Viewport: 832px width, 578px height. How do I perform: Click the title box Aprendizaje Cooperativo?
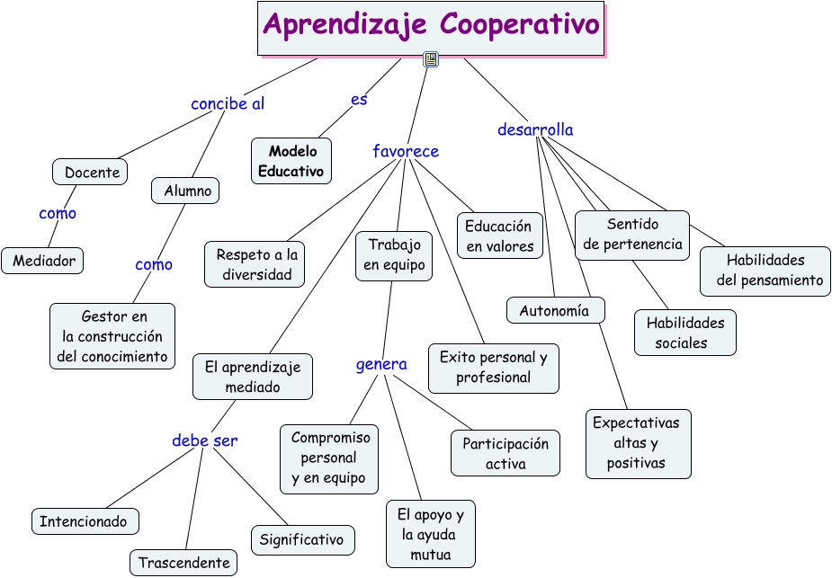[431, 26]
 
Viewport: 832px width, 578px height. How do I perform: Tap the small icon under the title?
[431, 60]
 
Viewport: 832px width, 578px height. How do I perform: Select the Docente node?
[91, 172]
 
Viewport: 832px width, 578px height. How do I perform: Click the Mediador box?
[43, 261]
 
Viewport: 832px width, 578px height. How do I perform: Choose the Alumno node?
[187, 191]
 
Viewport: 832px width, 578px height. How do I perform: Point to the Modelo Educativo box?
[291, 161]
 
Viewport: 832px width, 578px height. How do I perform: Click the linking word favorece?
[406, 151]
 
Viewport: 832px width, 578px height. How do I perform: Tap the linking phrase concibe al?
[228, 103]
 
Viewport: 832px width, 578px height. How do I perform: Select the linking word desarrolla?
[535, 129]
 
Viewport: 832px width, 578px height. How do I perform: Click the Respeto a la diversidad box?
[255, 264]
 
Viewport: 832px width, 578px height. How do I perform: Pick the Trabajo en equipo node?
[394, 254]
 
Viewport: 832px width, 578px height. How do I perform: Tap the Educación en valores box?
[499, 236]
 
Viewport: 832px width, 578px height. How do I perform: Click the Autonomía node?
[554, 311]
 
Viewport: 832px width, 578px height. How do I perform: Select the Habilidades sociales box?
[684, 333]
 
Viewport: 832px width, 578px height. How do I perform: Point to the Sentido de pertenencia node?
[632, 234]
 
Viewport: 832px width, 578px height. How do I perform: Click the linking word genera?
[381, 364]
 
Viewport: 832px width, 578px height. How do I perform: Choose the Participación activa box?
[505, 453]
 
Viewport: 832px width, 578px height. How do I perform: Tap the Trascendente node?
[184, 564]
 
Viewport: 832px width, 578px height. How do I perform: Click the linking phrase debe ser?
[205, 440]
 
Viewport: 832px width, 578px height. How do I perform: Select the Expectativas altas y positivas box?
[637, 443]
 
